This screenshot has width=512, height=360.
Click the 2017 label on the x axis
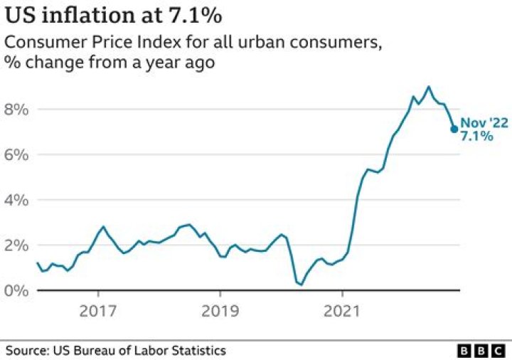pos(98,311)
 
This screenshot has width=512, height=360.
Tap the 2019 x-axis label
pos(220,311)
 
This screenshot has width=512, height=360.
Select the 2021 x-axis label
pos(342,311)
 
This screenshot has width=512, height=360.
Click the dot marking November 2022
pos(454,129)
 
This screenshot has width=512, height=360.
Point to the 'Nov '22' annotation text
pos(484,123)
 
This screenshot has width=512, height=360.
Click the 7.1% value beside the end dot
pos(476,136)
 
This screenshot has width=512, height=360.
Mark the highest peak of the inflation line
pos(428,87)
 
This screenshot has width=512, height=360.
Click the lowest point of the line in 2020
pos(302,285)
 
